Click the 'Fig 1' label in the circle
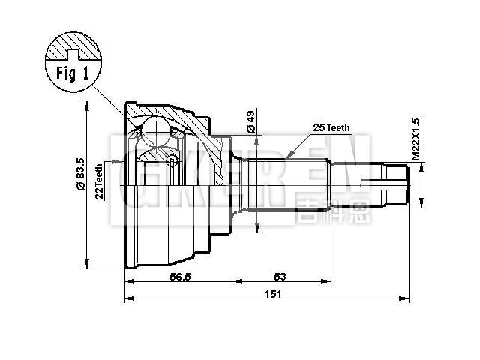point(72,73)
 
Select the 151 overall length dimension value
point(273,294)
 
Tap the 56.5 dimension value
point(178,276)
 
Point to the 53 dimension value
point(280,276)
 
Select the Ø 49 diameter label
point(251,123)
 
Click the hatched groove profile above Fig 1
point(72,47)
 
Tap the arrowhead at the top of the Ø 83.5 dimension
point(88,106)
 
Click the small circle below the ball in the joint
point(172,159)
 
